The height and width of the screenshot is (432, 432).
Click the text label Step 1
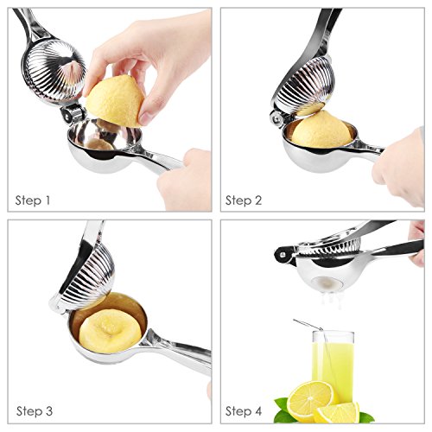coord(33,200)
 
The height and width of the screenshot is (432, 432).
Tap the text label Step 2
coord(244,200)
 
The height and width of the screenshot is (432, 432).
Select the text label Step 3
coord(35,411)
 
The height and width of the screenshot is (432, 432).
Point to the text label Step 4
coord(244,411)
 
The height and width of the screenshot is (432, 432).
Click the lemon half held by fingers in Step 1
coord(115,101)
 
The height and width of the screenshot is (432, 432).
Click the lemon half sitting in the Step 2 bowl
coord(321,130)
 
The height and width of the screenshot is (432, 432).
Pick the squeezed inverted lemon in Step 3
coord(111,331)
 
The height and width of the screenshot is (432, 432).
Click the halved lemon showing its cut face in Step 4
coord(310,400)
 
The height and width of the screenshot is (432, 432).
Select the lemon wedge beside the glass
coord(338,412)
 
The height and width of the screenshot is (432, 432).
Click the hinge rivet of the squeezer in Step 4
coord(283,255)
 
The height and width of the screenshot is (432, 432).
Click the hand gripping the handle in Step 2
coord(400,167)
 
